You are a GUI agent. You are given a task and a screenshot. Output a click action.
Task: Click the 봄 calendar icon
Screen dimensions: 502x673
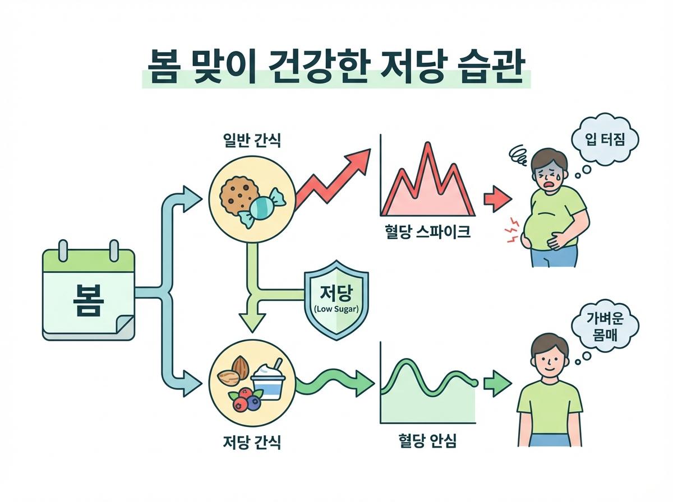pyautogui.click(x=89, y=294)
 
